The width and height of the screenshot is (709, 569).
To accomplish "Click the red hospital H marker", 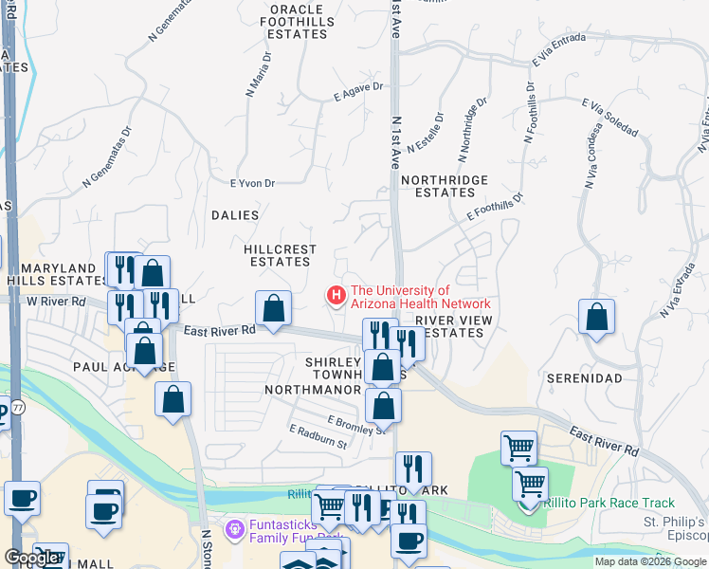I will click(x=336, y=296).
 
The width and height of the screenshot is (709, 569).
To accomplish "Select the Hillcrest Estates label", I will click(x=280, y=255).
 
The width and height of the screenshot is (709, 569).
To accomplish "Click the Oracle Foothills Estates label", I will click(x=298, y=21).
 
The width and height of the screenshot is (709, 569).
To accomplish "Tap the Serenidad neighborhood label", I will click(x=585, y=378).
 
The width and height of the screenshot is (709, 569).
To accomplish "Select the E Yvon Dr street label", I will click(x=252, y=184).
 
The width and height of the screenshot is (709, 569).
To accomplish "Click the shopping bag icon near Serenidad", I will click(x=596, y=318).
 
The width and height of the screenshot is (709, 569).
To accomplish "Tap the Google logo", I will click(x=32, y=558).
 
